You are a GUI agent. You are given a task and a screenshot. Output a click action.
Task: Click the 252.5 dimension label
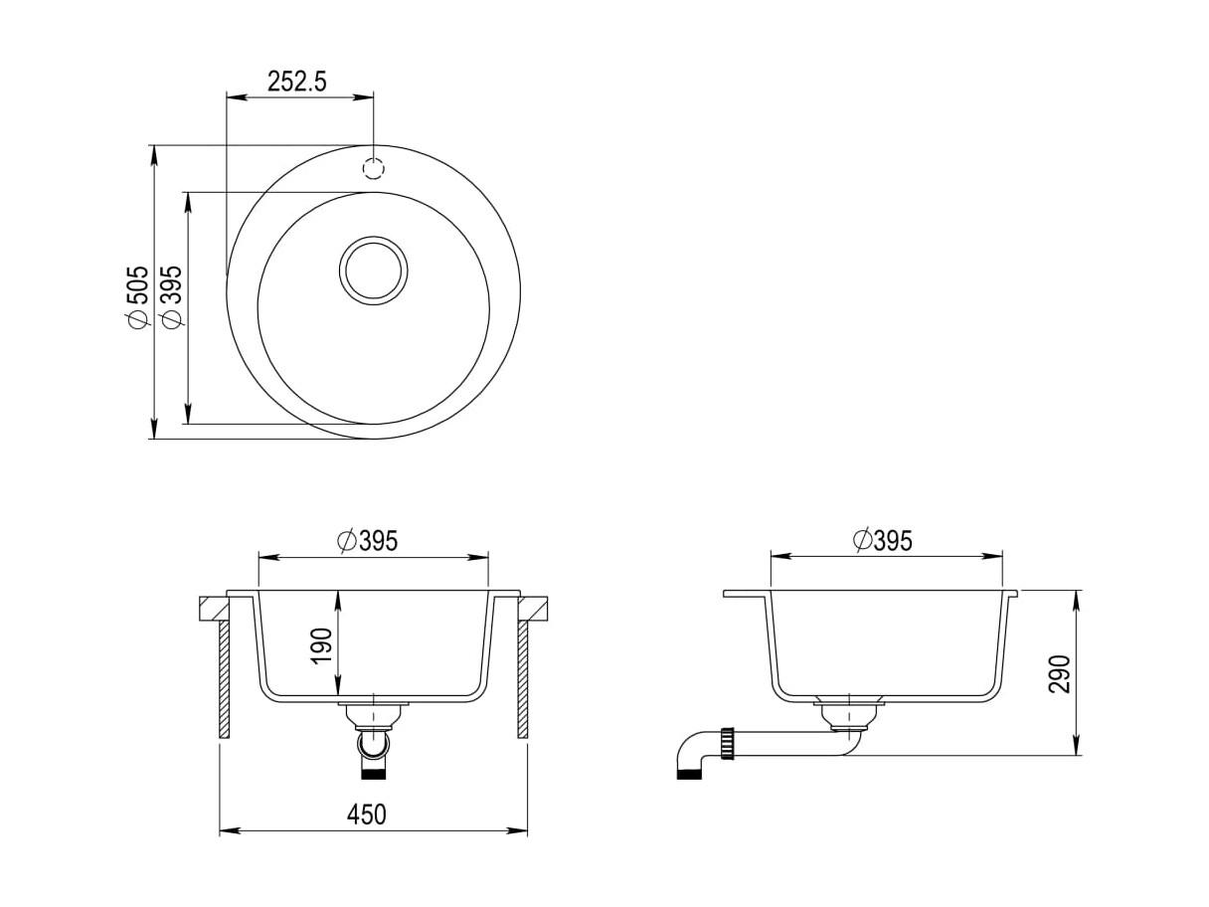click(297, 82)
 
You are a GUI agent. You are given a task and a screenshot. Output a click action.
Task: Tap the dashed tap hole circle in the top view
click(374, 168)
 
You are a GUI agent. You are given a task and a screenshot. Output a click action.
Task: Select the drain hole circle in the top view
click(374, 270)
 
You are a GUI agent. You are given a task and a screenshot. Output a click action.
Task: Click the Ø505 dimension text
click(137, 296)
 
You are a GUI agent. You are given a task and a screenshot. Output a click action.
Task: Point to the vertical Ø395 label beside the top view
click(170, 297)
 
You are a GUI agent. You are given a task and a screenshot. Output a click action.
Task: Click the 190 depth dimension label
click(322, 645)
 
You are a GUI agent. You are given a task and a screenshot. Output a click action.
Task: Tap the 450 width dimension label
click(366, 815)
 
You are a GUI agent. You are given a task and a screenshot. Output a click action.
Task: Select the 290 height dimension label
click(1059, 673)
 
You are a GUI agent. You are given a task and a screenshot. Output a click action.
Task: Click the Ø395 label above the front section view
click(368, 541)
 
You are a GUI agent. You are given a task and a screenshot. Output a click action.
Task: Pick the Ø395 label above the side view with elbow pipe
click(882, 540)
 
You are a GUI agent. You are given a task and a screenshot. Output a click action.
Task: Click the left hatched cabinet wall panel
click(224, 679)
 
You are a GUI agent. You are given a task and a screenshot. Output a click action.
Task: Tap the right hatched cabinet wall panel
click(523, 679)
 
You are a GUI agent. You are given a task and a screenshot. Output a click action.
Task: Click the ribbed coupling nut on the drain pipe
click(727, 744)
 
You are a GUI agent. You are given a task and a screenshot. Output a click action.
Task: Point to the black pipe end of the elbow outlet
click(688, 775)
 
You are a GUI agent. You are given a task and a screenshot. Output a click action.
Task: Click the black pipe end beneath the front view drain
click(374, 774)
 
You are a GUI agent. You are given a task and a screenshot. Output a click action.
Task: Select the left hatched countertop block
click(214, 609)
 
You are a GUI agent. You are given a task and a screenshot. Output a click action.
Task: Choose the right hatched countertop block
click(533, 609)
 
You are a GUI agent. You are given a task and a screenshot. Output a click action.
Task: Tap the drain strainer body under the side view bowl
click(849, 716)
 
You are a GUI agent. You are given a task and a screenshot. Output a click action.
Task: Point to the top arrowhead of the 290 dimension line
click(1076, 601)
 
